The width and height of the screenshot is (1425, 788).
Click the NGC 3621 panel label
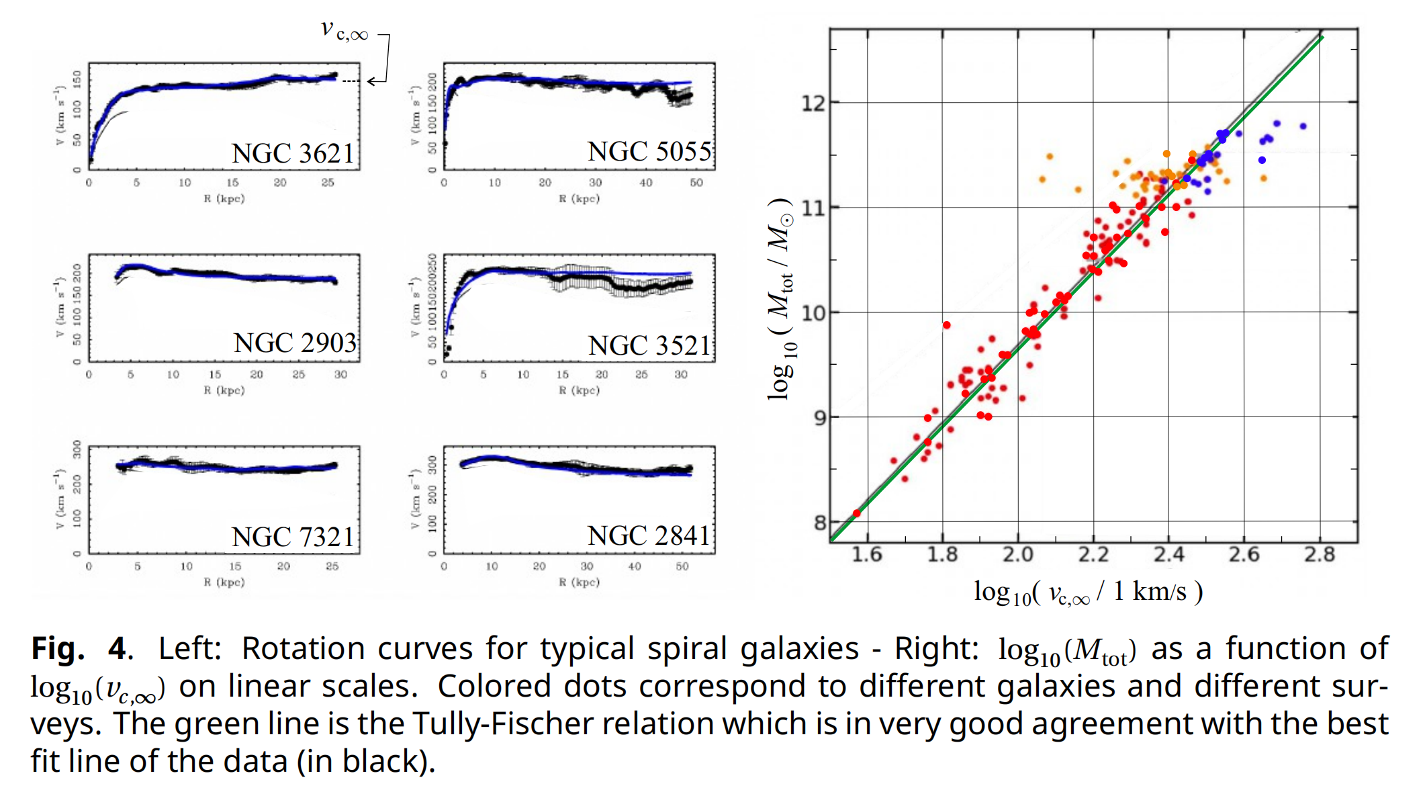293,153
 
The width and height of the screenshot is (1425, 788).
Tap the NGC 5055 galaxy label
649,151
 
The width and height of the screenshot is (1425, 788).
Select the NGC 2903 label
295,343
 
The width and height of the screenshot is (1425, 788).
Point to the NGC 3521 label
649,345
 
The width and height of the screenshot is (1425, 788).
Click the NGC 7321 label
293,537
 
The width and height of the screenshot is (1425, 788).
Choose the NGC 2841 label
648,535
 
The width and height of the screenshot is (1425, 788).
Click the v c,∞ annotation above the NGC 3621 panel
344,30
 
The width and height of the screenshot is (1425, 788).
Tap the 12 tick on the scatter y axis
813,103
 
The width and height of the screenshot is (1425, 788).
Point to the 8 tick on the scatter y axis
820,523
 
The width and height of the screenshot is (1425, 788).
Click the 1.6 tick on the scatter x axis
867,555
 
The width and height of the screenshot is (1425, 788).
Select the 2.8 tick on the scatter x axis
1320,555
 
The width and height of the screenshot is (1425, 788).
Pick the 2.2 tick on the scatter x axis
1093,555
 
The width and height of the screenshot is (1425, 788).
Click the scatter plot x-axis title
1088,593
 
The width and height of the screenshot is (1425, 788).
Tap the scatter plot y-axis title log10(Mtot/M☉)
781,299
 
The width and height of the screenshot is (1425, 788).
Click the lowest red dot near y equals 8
857,513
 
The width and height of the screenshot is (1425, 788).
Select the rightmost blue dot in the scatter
1303,126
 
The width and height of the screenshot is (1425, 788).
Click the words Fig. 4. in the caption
82,648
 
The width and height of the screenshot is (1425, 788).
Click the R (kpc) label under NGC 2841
579,582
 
